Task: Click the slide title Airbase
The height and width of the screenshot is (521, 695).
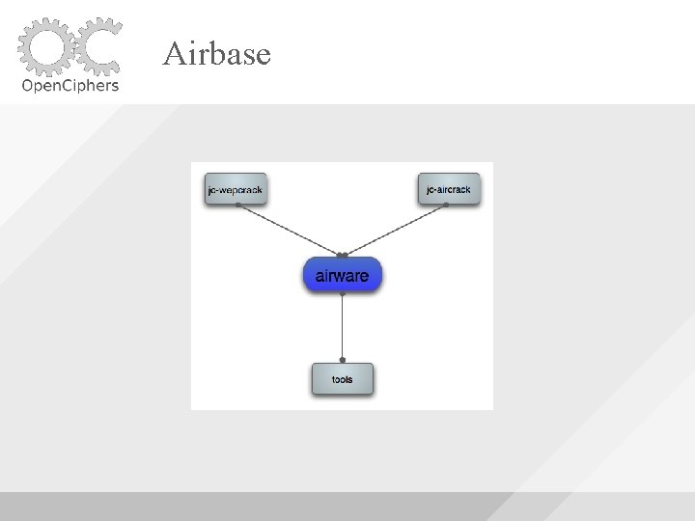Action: click(216, 54)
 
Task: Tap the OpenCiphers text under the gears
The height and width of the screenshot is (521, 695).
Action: click(69, 85)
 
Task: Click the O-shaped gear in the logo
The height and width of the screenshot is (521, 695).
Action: click(45, 46)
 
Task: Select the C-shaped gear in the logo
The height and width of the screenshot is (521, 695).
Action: click(97, 46)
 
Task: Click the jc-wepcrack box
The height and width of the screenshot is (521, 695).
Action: click(236, 189)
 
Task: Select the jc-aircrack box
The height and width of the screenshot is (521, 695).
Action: click(449, 189)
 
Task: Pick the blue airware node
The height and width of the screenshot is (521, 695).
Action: click(343, 276)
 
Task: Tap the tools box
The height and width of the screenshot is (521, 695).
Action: click(342, 379)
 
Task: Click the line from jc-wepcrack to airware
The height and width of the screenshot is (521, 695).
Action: click(290, 231)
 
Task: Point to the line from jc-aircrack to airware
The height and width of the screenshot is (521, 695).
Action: click(396, 231)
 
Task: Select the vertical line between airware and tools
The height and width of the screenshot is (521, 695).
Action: click(343, 328)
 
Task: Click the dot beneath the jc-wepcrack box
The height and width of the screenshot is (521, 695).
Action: click(237, 206)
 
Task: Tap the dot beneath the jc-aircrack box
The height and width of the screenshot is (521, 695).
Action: click(446, 206)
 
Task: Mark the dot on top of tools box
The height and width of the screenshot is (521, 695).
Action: click(343, 360)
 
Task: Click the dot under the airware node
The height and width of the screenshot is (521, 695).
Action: click(343, 293)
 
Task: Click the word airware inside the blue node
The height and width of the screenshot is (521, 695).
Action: click(343, 276)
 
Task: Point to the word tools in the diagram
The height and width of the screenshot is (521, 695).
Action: click(342, 380)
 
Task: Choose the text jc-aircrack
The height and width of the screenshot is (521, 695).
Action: click(449, 190)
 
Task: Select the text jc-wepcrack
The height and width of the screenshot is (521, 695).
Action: click(236, 190)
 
